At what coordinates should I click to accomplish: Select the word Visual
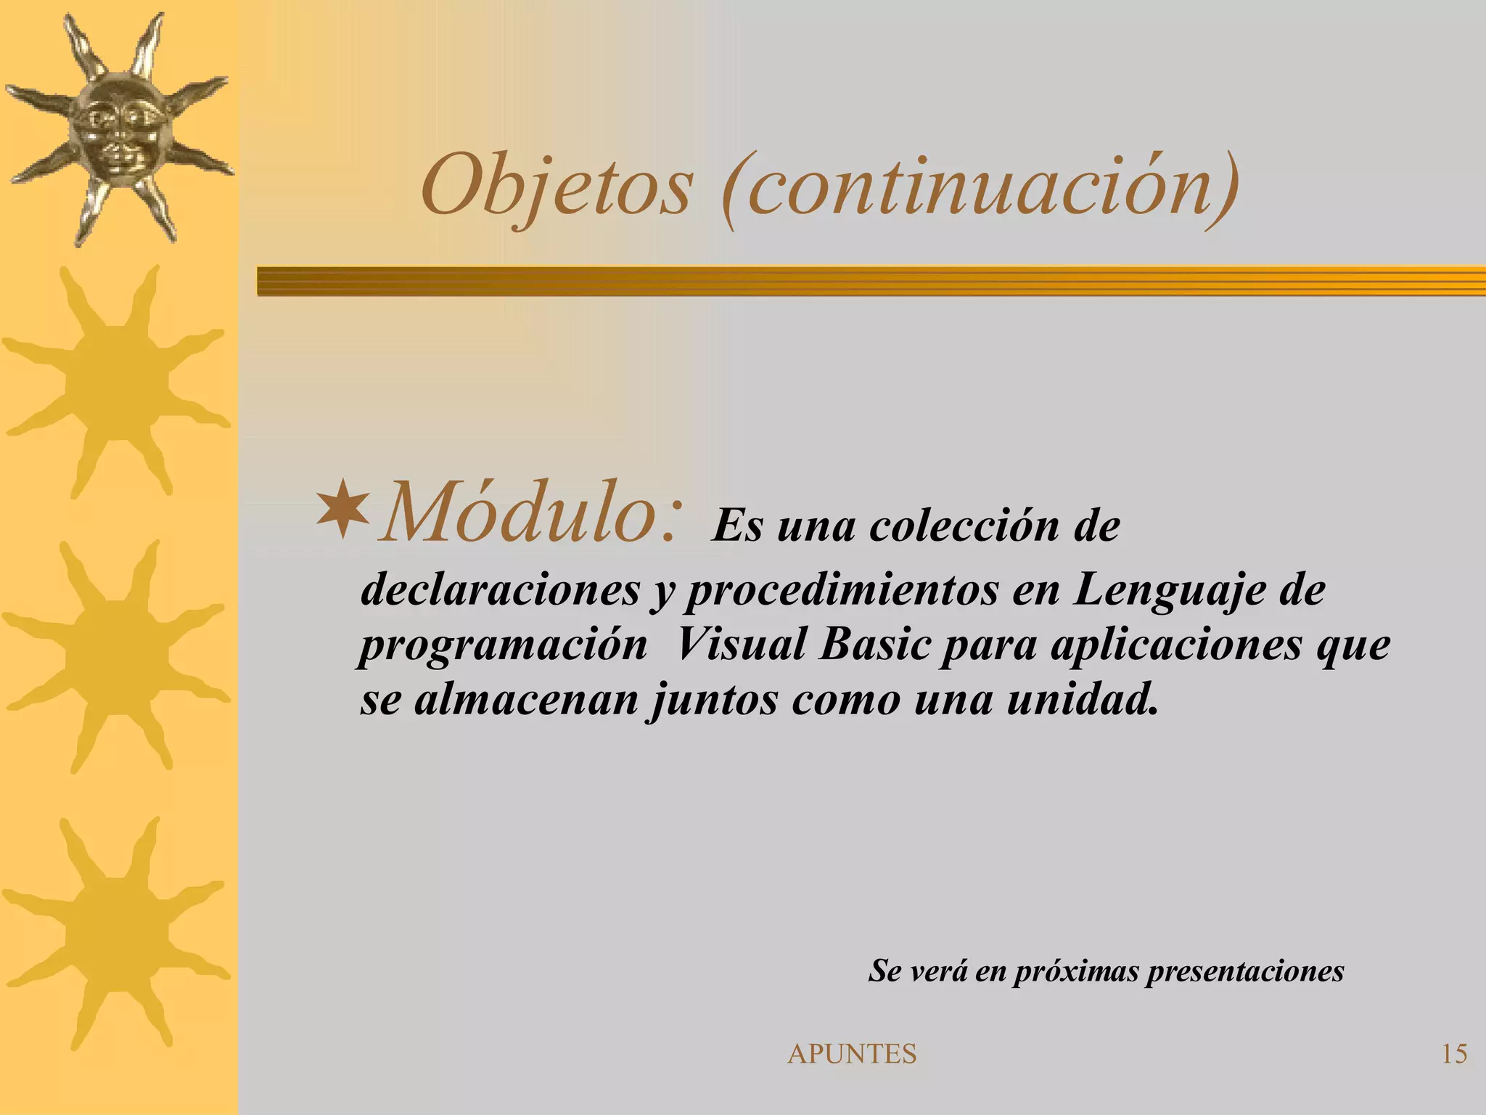(x=741, y=645)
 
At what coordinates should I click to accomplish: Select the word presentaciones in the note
(x=1245, y=971)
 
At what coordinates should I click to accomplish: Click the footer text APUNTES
(x=852, y=1054)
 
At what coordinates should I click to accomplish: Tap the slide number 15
(x=1454, y=1054)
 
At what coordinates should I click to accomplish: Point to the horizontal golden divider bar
(x=871, y=281)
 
